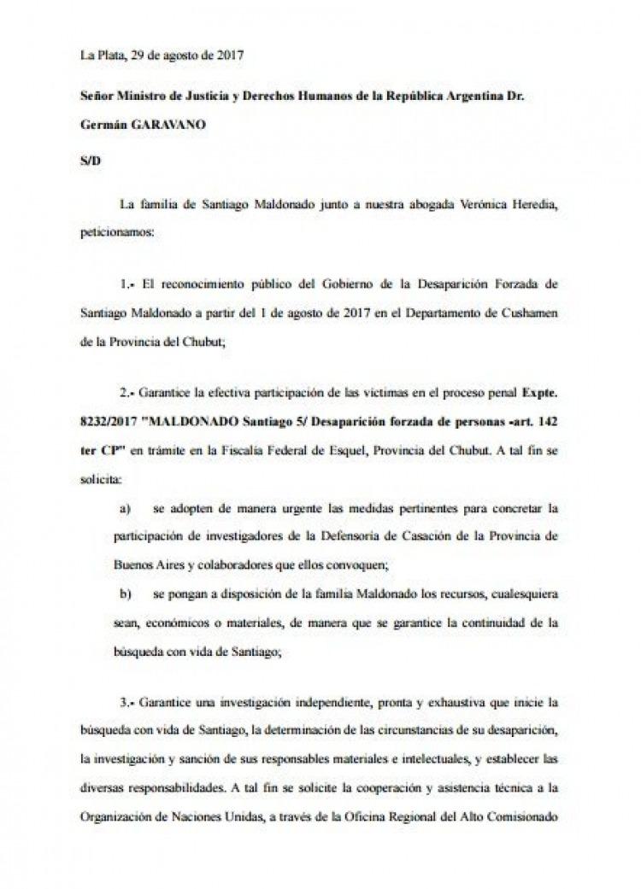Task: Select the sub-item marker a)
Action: coord(126,509)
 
